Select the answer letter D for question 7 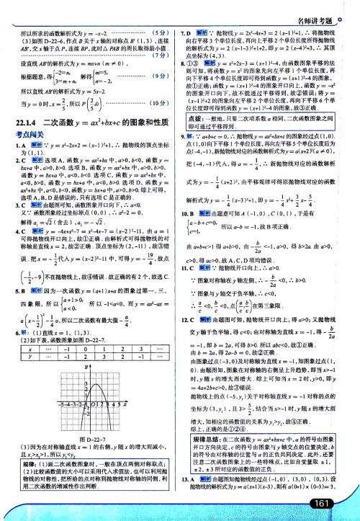click(x=189, y=34)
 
